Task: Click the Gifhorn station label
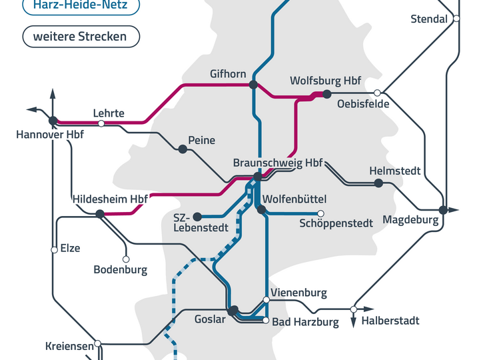coord(228,73)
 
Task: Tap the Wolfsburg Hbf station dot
coord(326,94)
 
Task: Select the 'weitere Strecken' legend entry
coord(81,37)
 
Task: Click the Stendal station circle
coord(456,19)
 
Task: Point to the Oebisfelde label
coord(363,104)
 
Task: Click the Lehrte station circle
coord(101,123)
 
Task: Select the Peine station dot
coord(182,148)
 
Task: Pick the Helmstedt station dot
coord(378,183)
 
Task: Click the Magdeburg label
coord(410,220)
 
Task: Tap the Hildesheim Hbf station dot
coord(99,214)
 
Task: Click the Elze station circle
coord(54,250)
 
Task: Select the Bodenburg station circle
coord(126,259)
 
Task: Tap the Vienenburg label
coord(298,293)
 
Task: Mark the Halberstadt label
coord(390,321)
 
